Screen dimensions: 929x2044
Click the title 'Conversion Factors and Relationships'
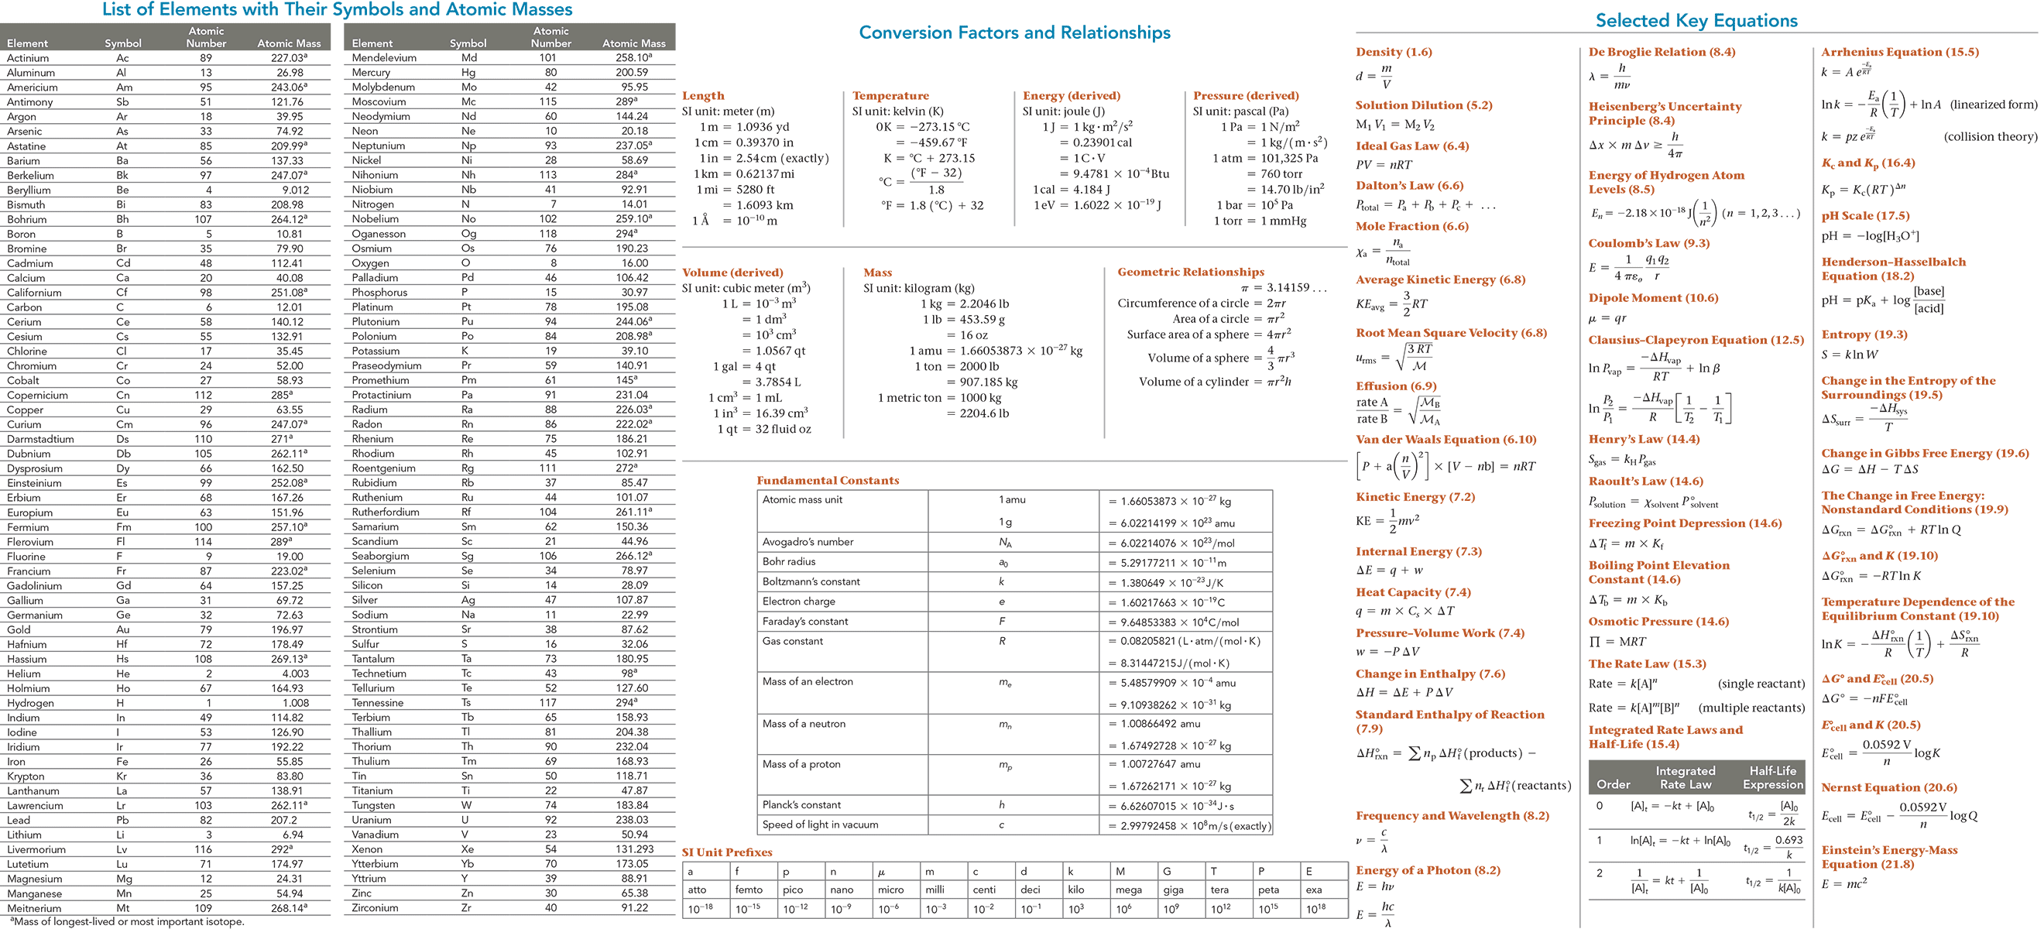tap(1014, 33)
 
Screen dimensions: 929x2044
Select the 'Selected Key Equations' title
tap(1696, 21)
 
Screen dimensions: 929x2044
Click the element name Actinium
tap(28, 58)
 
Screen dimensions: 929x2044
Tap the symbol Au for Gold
tap(123, 630)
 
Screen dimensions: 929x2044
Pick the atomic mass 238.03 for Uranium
tap(632, 821)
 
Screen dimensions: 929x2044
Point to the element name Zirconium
tap(376, 908)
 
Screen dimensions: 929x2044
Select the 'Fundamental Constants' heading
tap(828, 481)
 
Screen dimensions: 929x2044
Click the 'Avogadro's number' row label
tap(808, 542)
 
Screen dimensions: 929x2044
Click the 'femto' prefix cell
tap(748, 890)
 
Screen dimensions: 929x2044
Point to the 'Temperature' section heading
tap(890, 95)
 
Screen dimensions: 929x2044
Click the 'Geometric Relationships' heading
tap(1190, 272)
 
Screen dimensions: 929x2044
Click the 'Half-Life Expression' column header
tap(1773, 777)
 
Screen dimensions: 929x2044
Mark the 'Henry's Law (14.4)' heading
tap(1644, 440)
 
